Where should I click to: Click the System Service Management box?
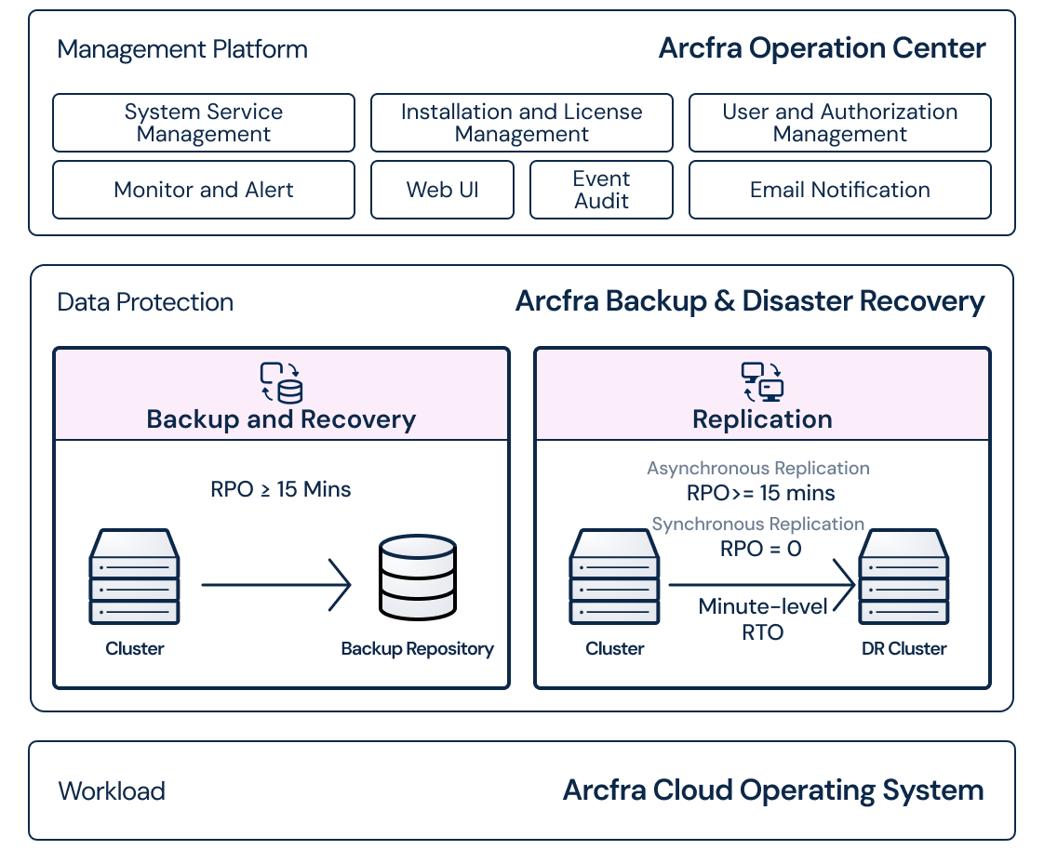[203, 123]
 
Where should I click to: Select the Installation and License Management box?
[521, 123]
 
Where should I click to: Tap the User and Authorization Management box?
[839, 123]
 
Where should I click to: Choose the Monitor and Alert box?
[203, 190]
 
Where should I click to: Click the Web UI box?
[442, 190]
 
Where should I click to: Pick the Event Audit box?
[601, 190]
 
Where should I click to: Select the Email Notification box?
[839, 190]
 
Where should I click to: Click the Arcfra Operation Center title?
[822, 48]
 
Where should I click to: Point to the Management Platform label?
[182, 49]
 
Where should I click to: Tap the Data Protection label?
[145, 302]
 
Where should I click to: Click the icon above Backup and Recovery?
[281, 382]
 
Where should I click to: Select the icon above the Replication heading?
[762, 382]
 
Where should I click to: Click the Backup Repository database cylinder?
[418, 578]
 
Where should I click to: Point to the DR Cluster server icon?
[903, 577]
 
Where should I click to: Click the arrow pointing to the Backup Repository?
[276, 585]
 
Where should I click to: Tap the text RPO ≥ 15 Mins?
[281, 489]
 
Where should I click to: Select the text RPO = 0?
[760, 549]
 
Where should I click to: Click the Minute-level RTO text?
[763, 619]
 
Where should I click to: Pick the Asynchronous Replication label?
[758, 469]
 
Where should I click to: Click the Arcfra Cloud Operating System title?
[773, 790]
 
